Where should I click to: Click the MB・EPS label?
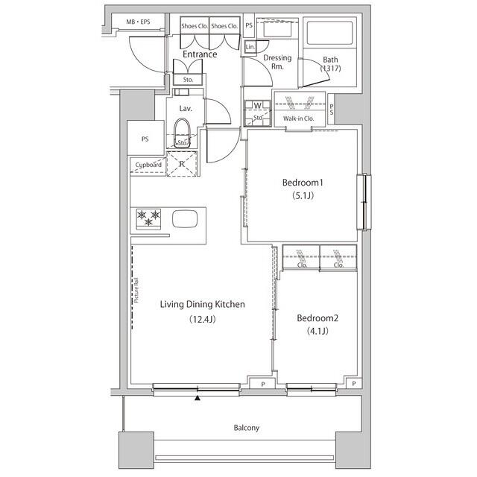tap(137, 22)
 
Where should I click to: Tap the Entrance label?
tap(200, 54)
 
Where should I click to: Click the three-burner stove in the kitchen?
tap(149, 218)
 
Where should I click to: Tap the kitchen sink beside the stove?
tap(185, 219)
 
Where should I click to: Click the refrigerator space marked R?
tap(181, 162)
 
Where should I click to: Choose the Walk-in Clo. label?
tap(298, 119)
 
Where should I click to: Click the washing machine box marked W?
tap(257, 106)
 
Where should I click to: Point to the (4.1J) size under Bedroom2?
tap(317, 332)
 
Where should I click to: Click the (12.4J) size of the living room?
tap(203, 320)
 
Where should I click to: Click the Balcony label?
tap(246, 428)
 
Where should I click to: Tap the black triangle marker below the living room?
tap(198, 398)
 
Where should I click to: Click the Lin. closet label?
tap(250, 47)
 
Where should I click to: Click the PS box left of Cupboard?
tap(145, 139)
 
